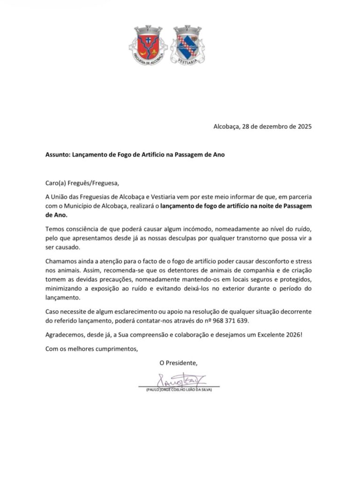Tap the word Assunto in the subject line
(x=58, y=154)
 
